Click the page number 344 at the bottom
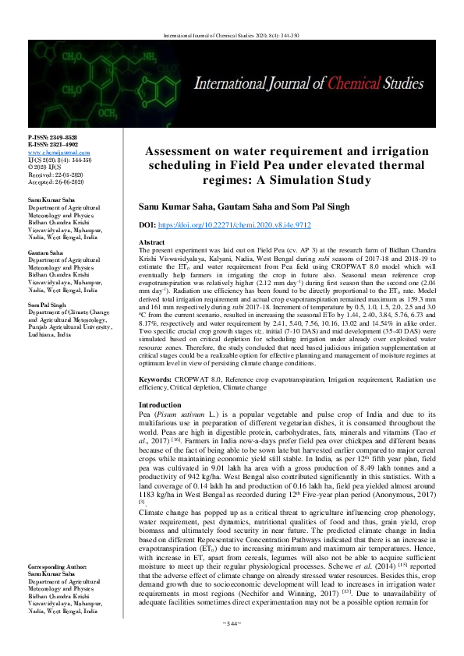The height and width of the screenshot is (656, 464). [232, 645]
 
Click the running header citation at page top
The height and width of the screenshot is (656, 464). [232, 35]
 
